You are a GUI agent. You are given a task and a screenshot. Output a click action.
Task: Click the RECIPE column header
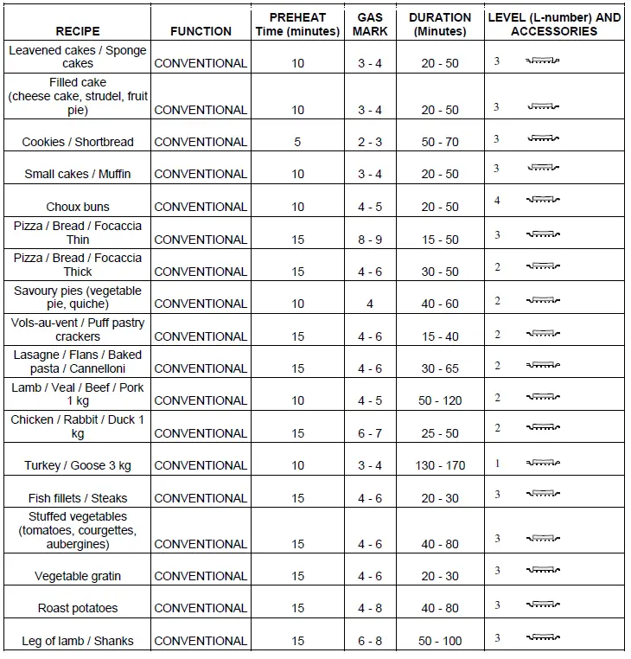(x=78, y=31)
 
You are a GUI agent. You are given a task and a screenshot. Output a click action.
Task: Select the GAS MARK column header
(x=370, y=24)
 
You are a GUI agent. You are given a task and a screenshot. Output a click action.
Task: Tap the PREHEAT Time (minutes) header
(x=297, y=24)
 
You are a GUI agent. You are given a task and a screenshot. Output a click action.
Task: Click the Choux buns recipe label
(x=78, y=207)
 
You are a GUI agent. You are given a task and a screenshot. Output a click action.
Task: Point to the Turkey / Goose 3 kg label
(x=78, y=465)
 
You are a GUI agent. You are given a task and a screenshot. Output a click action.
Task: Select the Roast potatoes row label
(x=78, y=608)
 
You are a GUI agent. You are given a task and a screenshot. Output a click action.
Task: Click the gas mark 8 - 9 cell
(x=370, y=240)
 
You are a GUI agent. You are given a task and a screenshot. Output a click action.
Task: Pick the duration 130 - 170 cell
(x=440, y=465)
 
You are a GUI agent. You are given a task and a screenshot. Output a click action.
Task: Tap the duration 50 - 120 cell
(x=440, y=400)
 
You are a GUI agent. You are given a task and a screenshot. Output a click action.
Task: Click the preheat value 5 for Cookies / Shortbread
(x=297, y=142)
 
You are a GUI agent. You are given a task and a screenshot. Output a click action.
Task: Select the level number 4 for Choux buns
(x=497, y=201)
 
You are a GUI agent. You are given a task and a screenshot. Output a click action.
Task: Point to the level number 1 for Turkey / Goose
(x=497, y=464)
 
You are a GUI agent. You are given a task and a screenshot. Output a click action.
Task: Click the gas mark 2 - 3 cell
(x=370, y=142)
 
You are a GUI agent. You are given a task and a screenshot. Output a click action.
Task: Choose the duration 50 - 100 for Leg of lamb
(x=440, y=641)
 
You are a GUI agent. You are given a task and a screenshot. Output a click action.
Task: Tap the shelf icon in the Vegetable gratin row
(x=544, y=572)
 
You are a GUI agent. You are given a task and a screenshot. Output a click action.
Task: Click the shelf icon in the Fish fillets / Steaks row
(x=544, y=494)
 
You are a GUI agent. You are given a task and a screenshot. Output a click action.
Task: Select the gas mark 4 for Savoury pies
(x=370, y=304)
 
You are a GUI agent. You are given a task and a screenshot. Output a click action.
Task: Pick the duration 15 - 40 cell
(x=440, y=336)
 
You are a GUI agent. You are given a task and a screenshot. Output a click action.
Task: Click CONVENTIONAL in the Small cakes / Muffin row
(x=201, y=174)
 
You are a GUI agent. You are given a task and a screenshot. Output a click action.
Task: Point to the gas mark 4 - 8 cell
(x=370, y=608)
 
